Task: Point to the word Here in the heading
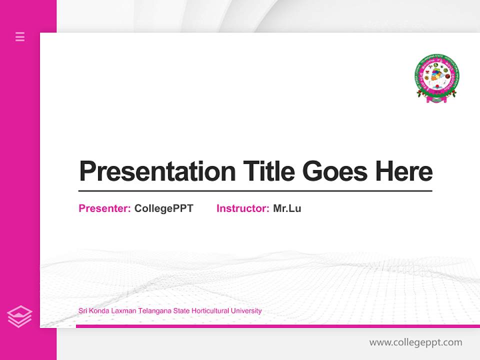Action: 404,171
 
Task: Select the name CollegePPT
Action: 163,208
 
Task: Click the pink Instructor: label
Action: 243,208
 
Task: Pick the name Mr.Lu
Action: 287,208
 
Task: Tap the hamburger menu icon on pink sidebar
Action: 20,36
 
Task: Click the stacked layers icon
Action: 19,316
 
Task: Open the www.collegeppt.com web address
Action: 415,342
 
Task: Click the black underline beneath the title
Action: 255,191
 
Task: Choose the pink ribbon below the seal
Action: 437,99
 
